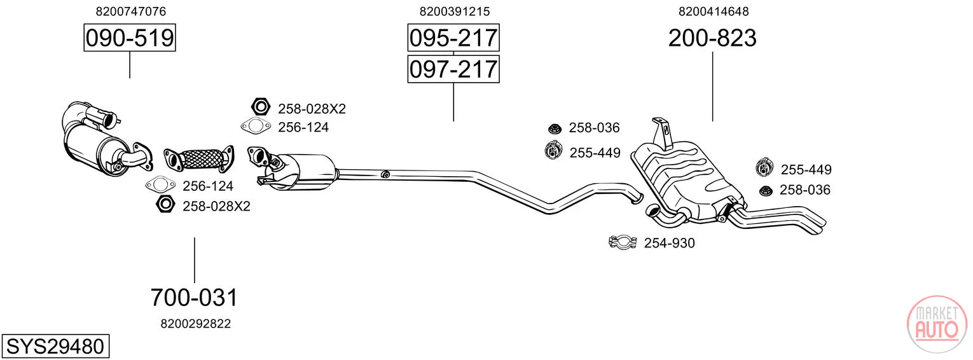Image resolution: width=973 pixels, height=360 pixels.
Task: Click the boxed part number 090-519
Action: coord(130,38)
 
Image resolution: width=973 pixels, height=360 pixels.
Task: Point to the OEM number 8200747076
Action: coord(131,11)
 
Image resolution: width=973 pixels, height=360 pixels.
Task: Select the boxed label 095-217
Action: coord(453,38)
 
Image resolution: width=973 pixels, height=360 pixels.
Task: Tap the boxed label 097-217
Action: coord(453,69)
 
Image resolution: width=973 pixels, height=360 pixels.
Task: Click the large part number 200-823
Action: coord(712,38)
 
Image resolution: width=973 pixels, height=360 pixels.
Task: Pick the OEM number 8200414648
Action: coord(714,11)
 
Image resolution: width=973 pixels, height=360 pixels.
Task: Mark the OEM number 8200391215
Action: coord(454,11)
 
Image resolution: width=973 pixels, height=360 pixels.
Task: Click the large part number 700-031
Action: coord(194,298)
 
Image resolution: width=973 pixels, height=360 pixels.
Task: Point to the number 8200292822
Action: coord(195,324)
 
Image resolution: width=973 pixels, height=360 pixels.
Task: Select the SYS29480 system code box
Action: coord(55,346)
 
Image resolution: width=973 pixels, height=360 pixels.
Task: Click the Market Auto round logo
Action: coord(937,324)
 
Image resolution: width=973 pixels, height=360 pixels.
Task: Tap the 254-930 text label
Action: coord(670,243)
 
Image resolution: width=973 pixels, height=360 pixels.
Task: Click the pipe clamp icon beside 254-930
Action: coord(623,242)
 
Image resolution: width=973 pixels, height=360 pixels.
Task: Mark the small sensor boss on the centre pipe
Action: coord(384,174)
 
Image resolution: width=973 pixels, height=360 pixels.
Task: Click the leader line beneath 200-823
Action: coord(713,87)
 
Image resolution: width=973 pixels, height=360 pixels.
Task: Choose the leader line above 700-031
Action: coord(194,260)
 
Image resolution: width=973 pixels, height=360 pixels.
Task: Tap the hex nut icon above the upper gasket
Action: coord(261,107)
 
